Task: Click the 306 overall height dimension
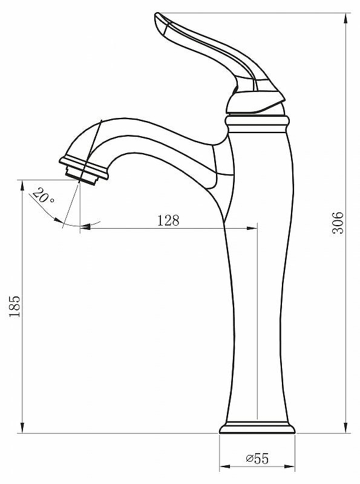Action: click(338, 223)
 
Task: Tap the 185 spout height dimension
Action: click(15, 307)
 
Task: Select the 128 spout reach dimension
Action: click(168, 220)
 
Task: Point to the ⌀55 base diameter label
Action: click(258, 458)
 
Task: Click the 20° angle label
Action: click(43, 195)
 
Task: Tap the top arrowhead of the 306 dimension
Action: click(346, 18)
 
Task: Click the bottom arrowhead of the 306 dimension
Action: click(346, 428)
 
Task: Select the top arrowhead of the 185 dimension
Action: click(22, 185)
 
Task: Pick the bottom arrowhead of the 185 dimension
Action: click(22, 428)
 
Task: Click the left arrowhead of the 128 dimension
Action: click(85, 227)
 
